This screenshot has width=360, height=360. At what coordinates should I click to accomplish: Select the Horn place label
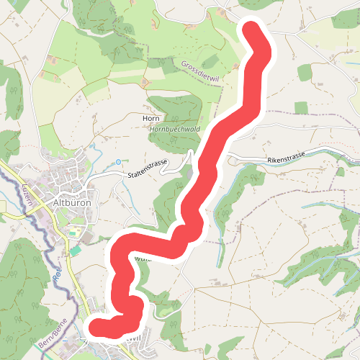pyautogui.click(x=150, y=118)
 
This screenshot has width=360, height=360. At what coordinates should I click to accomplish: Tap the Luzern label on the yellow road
pyautogui.click(x=30, y=192)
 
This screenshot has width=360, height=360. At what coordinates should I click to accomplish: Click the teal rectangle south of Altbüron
pyautogui.click(x=76, y=251)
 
